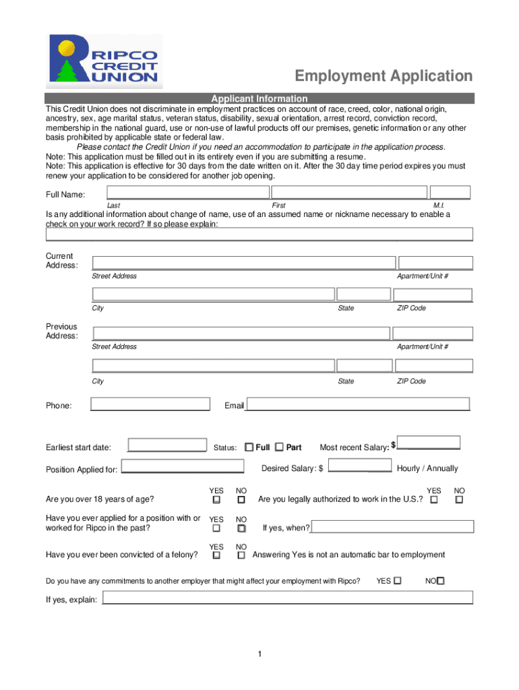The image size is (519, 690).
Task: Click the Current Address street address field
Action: pos(243,263)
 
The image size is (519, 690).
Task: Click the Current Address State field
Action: pos(363,294)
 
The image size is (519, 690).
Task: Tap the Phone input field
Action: pos(150,404)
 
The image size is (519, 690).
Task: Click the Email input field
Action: pos(357,404)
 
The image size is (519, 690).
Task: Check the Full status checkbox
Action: pos(249,447)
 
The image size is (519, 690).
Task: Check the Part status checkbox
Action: pos(279,447)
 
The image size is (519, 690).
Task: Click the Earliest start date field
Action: pos(167,446)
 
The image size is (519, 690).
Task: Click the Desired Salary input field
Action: pos(359,466)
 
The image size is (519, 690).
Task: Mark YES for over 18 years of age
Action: pos(216,500)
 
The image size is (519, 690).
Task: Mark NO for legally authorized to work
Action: pos(459,500)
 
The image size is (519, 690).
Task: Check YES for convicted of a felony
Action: pos(216,556)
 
